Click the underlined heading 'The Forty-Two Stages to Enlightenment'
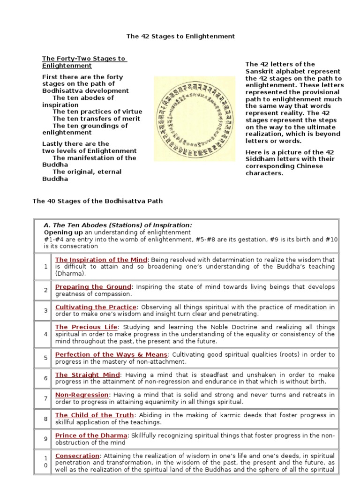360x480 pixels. (x=84, y=62)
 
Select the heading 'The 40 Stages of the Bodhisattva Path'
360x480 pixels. (x=97, y=201)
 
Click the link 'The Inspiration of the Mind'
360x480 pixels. (x=101, y=259)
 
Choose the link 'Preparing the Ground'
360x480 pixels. (x=93, y=286)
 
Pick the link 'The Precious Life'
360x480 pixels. (x=87, y=327)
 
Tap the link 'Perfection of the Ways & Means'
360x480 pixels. (x=111, y=354)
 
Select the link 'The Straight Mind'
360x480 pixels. (x=88, y=375)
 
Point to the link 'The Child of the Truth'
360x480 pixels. (x=94, y=415)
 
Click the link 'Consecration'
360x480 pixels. (x=77, y=456)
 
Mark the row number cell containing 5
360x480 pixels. (x=45, y=358)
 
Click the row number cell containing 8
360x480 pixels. (x=45, y=419)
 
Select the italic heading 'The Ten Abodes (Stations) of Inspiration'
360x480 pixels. (x=118, y=225)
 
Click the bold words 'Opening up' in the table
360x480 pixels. (x=63, y=232)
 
